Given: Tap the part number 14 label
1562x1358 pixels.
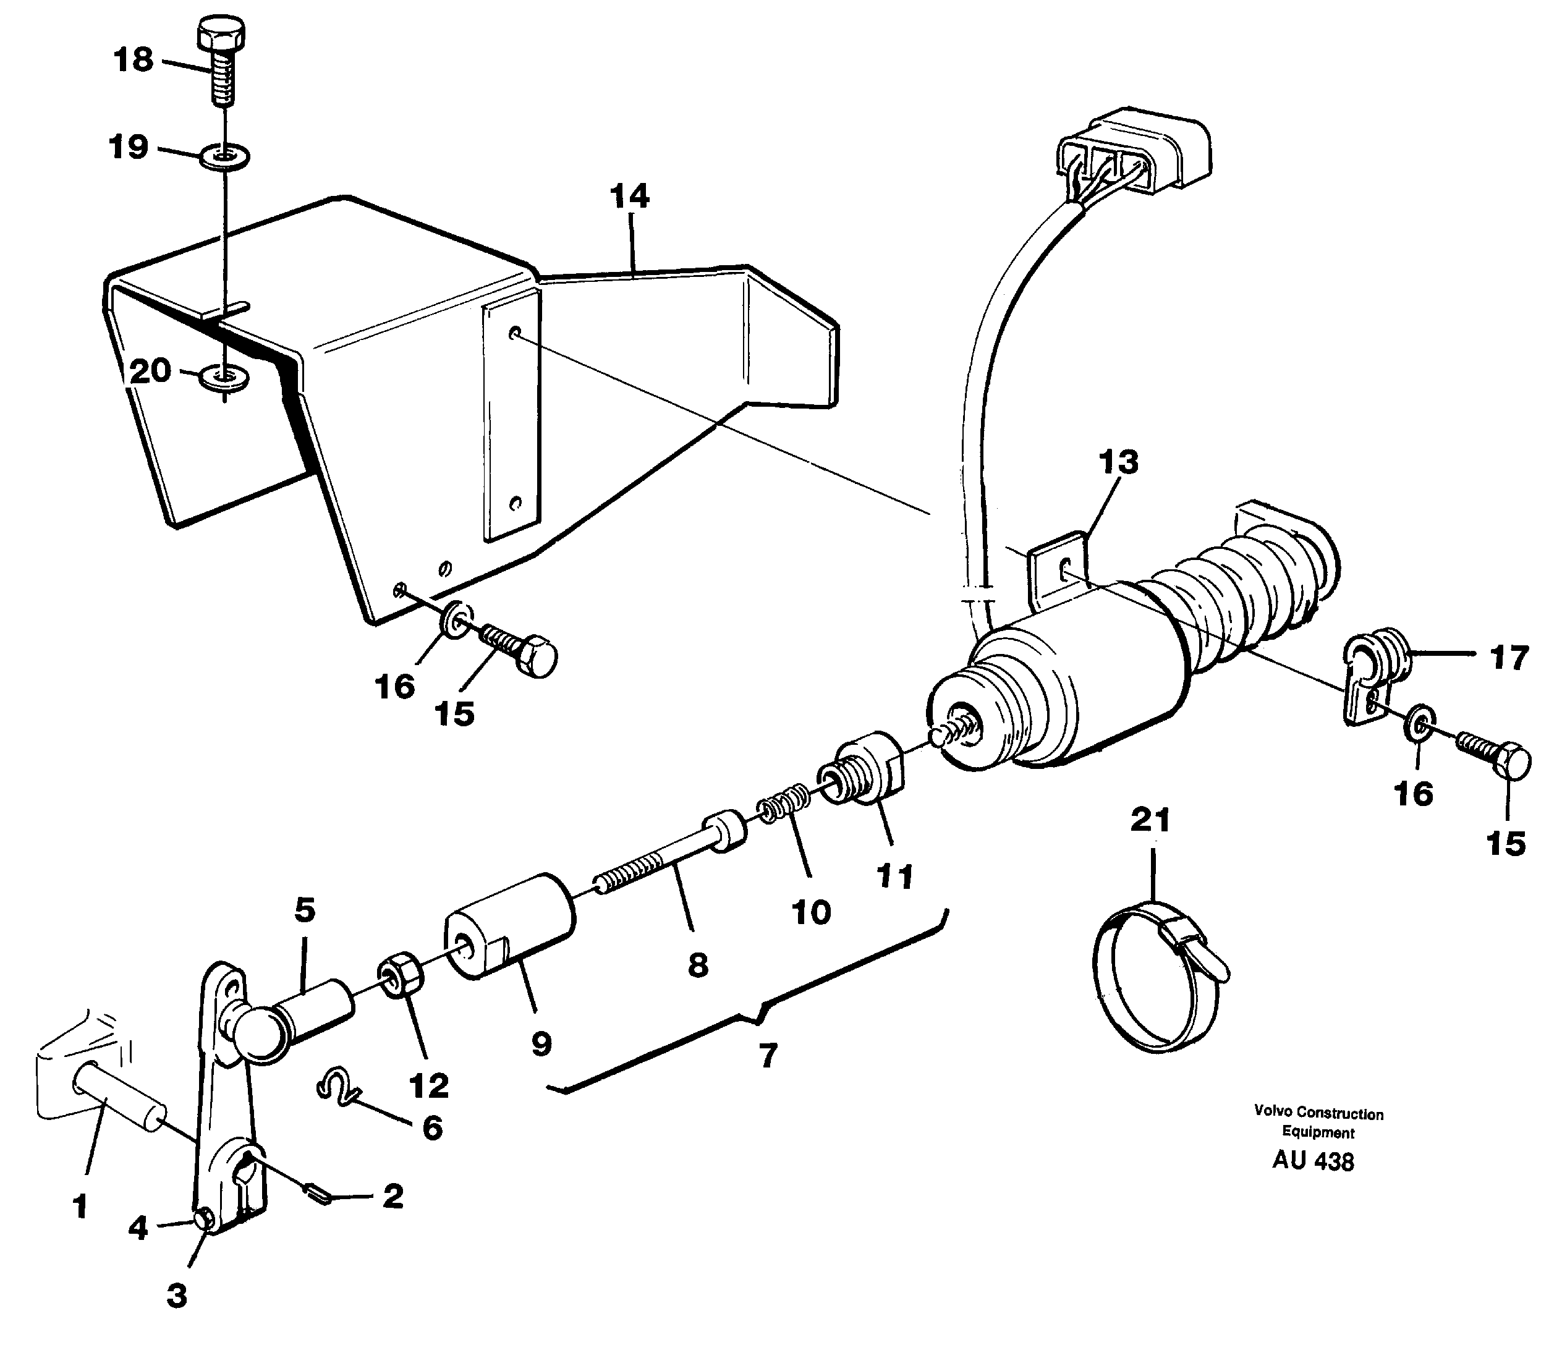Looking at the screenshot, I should point(629,197).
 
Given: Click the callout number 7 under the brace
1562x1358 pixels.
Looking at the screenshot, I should point(768,1056).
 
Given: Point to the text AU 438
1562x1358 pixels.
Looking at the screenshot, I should point(1313,1161).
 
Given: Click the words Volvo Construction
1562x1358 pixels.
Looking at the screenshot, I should point(1318,1114).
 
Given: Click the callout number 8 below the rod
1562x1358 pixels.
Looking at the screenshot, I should point(697,965).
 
